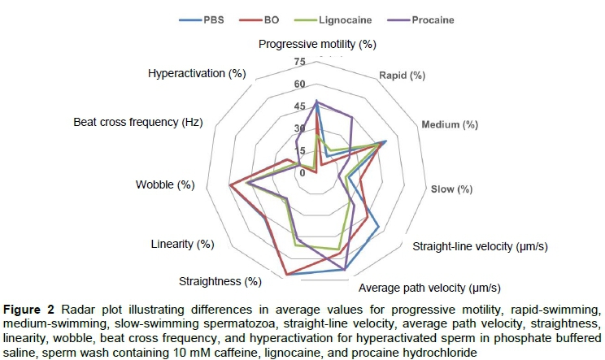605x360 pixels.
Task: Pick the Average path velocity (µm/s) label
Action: coord(429,287)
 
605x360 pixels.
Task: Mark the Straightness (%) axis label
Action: coord(220,281)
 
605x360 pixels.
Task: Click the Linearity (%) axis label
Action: coord(182,244)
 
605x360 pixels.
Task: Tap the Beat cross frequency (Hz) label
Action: coord(137,122)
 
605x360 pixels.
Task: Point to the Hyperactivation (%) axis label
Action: coord(197,73)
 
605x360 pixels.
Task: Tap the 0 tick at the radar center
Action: coord(302,172)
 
